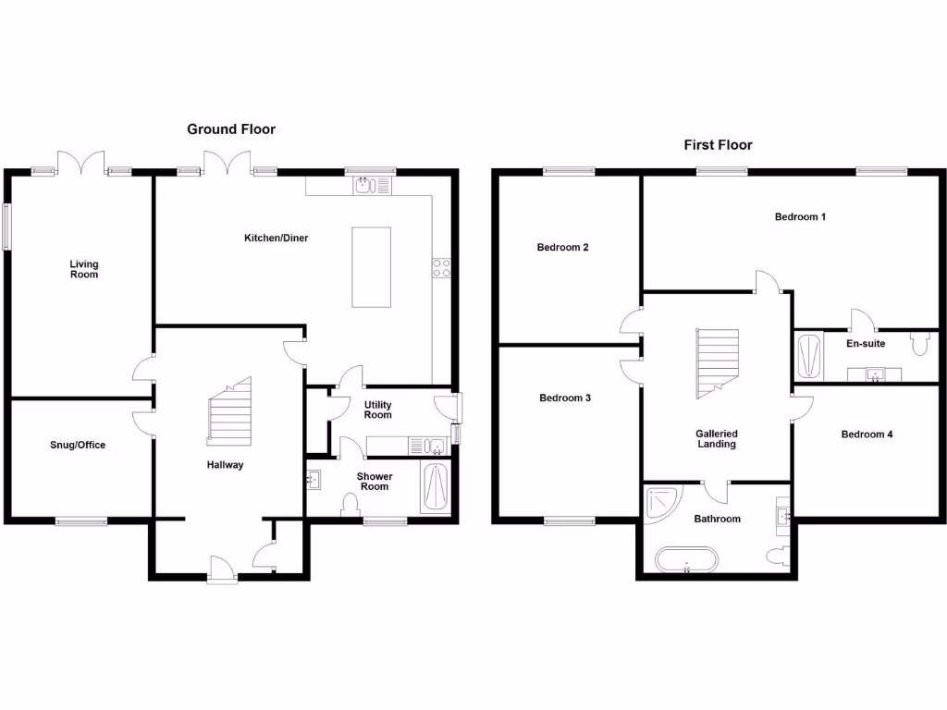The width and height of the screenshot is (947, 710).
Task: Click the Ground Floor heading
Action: (x=231, y=129)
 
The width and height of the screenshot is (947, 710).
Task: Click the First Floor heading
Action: (x=718, y=144)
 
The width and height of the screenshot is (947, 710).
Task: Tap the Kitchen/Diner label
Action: (x=276, y=239)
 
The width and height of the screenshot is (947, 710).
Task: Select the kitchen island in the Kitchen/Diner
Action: (x=371, y=266)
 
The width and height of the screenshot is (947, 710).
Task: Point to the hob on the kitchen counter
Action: (x=441, y=268)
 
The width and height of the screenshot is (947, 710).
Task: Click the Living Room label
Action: (x=84, y=269)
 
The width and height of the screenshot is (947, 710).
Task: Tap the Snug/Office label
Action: (x=78, y=445)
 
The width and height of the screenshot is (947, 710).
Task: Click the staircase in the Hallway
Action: (x=229, y=412)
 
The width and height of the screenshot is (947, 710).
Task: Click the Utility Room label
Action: (x=377, y=410)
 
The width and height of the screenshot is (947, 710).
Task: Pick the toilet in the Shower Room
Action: (x=350, y=505)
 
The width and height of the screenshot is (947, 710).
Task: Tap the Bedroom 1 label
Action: (x=800, y=216)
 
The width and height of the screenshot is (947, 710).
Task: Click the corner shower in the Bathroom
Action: (x=663, y=503)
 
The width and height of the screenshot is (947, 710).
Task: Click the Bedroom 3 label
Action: (x=565, y=398)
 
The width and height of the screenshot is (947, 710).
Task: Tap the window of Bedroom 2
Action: (x=569, y=170)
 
